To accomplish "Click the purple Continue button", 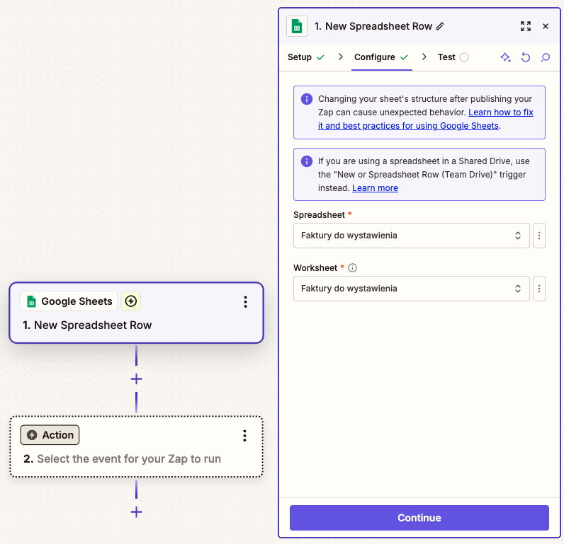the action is coord(419,517).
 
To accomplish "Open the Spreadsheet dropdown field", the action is coord(411,236).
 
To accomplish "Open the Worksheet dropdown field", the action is coord(411,289).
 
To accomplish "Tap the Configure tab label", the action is coord(374,57).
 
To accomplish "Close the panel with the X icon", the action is coord(546,26).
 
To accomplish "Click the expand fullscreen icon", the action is coord(526,26).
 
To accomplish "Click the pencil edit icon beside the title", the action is coord(440,26).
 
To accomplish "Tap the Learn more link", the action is coord(375,187).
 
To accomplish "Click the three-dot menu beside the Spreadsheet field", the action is coord(538,236).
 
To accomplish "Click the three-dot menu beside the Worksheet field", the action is coord(538,289).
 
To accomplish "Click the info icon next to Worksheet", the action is coord(353,268).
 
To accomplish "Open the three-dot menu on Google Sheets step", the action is coord(245,302).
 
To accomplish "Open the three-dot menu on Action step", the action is coord(244,436).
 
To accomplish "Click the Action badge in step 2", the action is coord(50,435).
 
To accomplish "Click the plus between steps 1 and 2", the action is coord(136,379).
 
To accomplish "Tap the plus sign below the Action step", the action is coord(136,512).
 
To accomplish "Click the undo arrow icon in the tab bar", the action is coord(526,57).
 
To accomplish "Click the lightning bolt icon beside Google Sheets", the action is coord(131,301).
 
